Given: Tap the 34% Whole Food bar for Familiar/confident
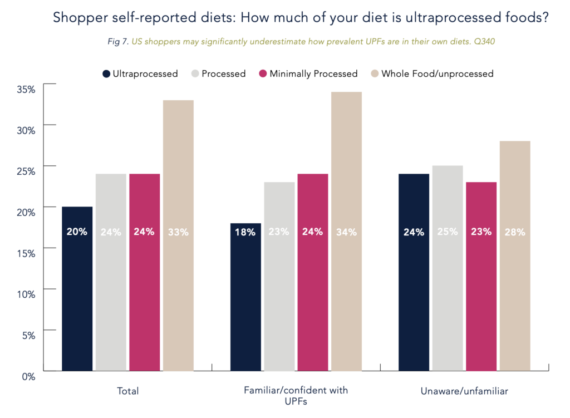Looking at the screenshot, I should (x=346, y=231).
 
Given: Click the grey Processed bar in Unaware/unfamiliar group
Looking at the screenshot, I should (x=448, y=268).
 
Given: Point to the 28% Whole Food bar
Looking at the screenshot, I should (x=515, y=255).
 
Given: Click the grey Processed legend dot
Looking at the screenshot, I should (x=195, y=73).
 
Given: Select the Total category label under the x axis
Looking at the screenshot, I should (x=128, y=391).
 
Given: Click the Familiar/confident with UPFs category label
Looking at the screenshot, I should (x=296, y=395).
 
